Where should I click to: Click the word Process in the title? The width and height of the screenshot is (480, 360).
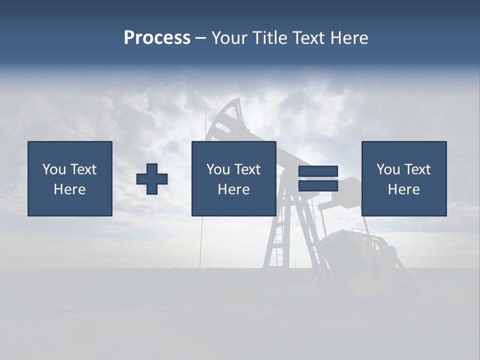(157, 38)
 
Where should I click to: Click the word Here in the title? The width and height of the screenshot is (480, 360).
(349, 38)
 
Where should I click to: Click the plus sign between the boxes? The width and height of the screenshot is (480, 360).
(152, 178)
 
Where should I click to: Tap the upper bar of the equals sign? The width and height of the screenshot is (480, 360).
(318, 171)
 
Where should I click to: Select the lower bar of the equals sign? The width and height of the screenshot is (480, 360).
(318, 185)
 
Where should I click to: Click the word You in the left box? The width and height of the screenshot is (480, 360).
(54, 169)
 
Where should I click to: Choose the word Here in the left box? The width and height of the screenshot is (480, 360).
(69, 189)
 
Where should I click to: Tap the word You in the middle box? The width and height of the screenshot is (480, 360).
(218, 169)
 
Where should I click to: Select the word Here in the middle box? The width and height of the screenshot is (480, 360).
(233, 189)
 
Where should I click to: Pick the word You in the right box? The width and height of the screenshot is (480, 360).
(388, 169)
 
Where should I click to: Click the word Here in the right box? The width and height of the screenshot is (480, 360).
(403, 189)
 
